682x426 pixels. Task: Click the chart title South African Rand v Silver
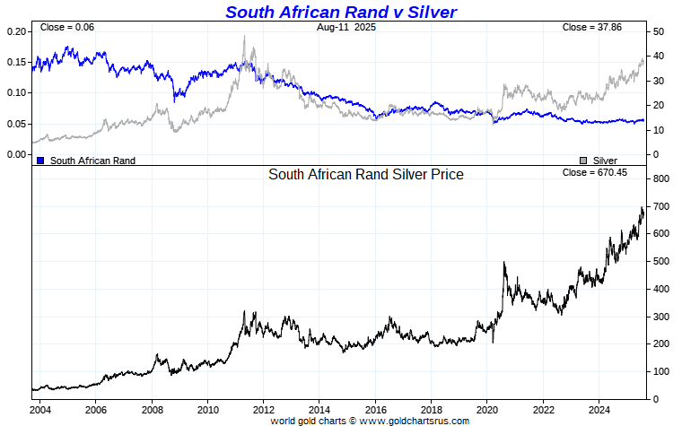pyautogui.click(x=340, y=12)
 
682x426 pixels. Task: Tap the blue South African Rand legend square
pyautogui.click(x=40, y=161)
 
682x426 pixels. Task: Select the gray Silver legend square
pyautogui.click(x=583, y=161)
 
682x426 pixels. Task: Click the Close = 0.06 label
pyautogui.click(x=67, y=28)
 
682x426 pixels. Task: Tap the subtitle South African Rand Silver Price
pyautogui.click(x=366, y=175)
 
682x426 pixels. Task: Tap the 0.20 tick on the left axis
pyautogui.click(x=18, y=31)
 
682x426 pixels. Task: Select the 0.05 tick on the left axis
pyautogui.click(x=18, y=124)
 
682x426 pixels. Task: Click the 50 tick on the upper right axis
pyautogui.click(x=658, y=31)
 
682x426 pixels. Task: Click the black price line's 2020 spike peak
pyautogui.click(x=504, y=263)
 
